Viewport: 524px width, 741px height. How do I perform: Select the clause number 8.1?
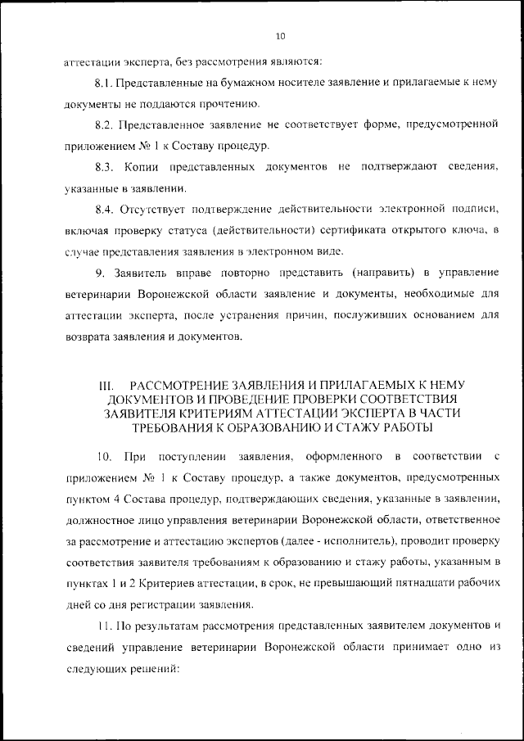point(103,83)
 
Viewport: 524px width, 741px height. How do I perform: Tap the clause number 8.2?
point(103,124)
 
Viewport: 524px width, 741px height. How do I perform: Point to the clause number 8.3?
point(103,167)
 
